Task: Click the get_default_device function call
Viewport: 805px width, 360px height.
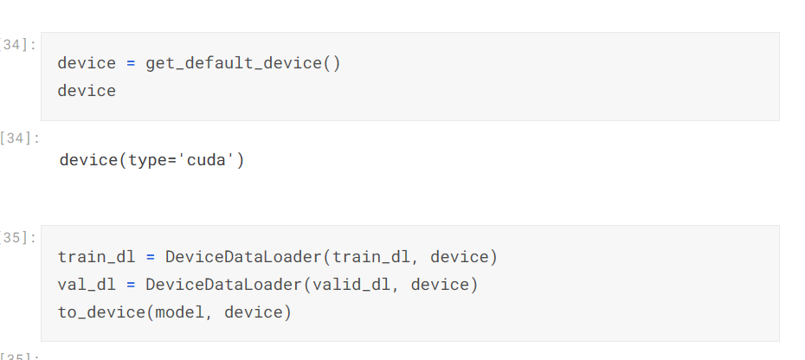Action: coord(235,63)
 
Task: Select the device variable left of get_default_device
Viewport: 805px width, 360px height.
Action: coord(87,63)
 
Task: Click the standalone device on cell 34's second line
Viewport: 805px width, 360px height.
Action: coord(87,90)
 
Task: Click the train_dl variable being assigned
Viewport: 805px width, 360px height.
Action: coord(92,257)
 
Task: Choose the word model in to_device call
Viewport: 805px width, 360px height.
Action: coord(180,312)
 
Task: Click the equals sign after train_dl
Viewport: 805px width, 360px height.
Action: coord(150,257)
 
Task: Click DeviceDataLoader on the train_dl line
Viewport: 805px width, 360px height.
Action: coord(244,257)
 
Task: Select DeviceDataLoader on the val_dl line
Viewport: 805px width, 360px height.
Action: coord(224,284)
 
